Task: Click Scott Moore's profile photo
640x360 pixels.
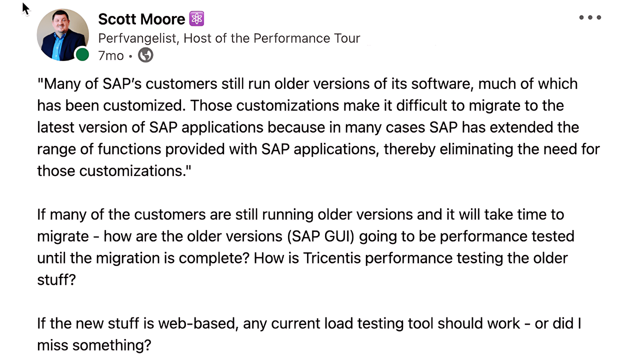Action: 62,34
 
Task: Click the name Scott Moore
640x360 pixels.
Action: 141,19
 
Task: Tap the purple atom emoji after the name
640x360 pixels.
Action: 196,19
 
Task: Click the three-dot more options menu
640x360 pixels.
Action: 590,17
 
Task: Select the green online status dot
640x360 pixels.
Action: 82,54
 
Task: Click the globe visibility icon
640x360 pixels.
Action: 145,55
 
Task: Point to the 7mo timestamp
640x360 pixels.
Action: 110,55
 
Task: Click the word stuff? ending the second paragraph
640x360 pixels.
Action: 56,279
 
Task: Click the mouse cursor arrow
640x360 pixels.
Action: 25,8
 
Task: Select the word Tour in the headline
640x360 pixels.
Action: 347,38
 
